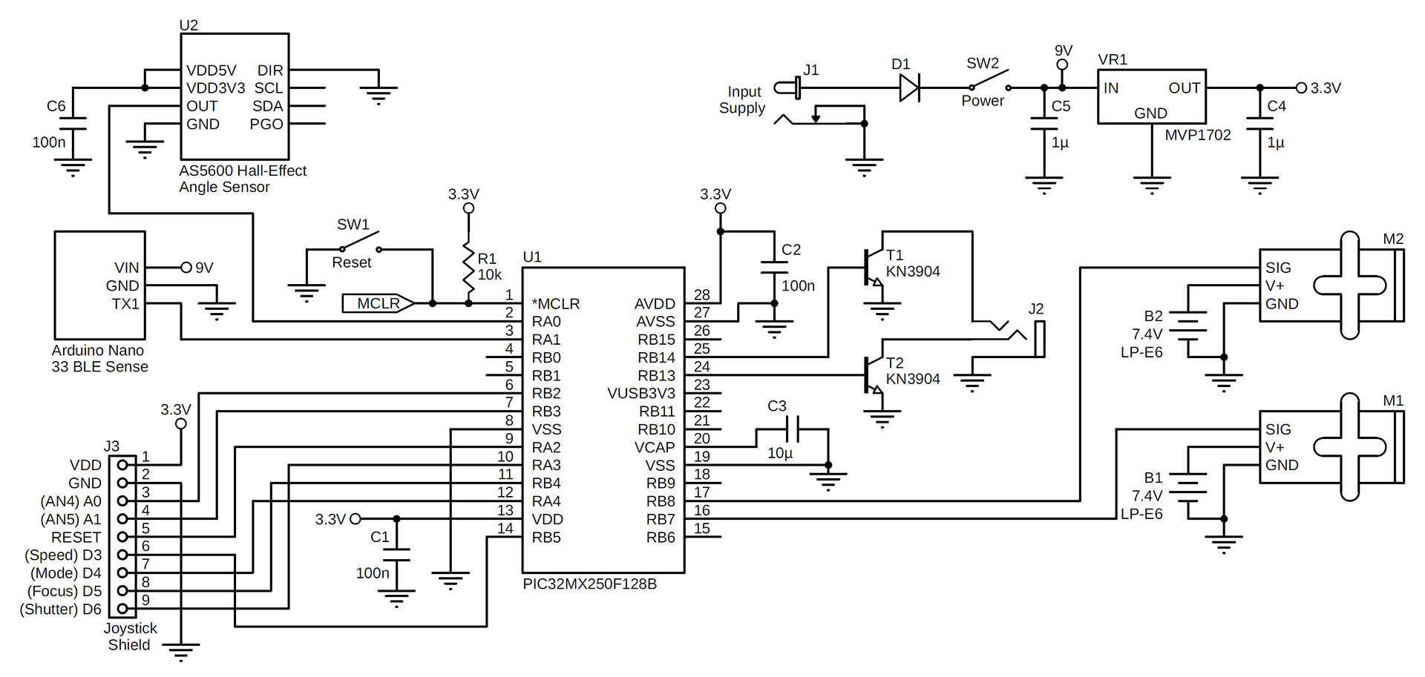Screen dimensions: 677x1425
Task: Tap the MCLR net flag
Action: (378, 303)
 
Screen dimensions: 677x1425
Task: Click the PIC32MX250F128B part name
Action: (589, 584)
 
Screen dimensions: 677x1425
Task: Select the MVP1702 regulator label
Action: (1197, 135)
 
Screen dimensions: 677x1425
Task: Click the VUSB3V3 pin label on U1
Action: (641, 394)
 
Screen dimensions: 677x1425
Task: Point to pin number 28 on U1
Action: (701, 295)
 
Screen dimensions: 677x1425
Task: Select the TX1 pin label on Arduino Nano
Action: (125, 303)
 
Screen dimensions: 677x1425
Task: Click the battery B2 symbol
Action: (1189, 331)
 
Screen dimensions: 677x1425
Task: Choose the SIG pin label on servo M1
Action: (1278, 429)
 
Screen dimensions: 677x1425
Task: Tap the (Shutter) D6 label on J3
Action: (61, 610)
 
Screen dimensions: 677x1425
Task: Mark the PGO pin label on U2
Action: (266, 124)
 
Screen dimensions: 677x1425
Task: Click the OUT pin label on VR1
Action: (1184, 88)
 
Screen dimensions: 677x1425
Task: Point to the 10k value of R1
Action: (490, 275)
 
